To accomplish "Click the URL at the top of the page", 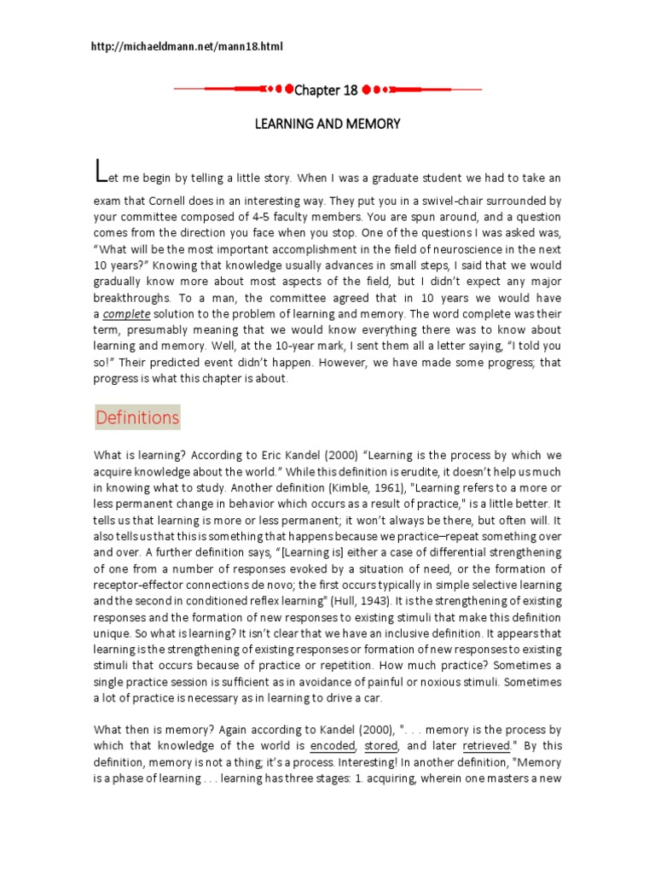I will tap(186, 46).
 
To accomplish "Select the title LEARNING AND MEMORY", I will tap(327, 124).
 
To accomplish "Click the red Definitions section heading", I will tap(137, 417).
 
